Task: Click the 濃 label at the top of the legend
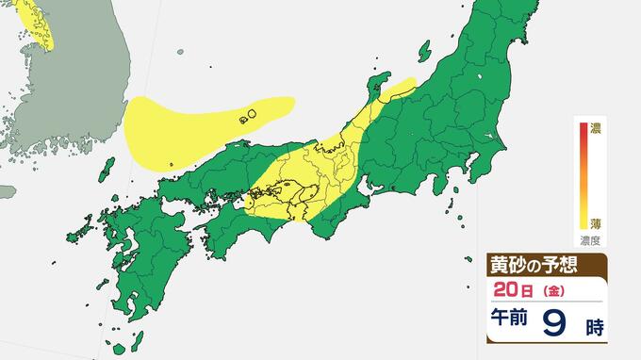pos(596,126)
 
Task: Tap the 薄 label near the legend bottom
pos(596,223)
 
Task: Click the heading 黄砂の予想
pos(532,264)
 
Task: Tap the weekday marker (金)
pos(545,288)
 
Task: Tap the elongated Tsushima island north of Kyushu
pos(107,171)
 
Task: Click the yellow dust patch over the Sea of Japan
pos(189,123)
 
